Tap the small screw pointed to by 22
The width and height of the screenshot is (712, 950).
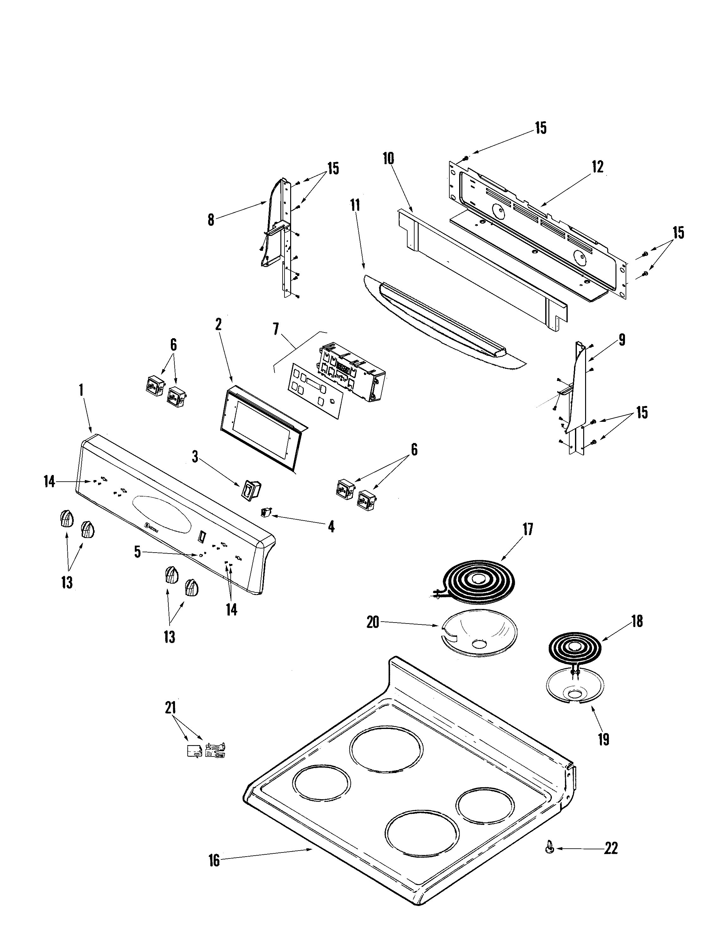[549, 848]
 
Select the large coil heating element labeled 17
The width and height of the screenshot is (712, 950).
[478, 583]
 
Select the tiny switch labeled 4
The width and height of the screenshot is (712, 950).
[265, 511]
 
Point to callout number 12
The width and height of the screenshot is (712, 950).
[597, 166]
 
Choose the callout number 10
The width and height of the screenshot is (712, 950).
[388, 158]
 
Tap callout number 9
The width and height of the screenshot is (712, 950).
[622, 340]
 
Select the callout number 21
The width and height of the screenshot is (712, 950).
[170, 707]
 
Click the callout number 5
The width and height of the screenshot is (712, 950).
[137, 552]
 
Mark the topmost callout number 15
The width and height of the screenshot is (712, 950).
[540, 128]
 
